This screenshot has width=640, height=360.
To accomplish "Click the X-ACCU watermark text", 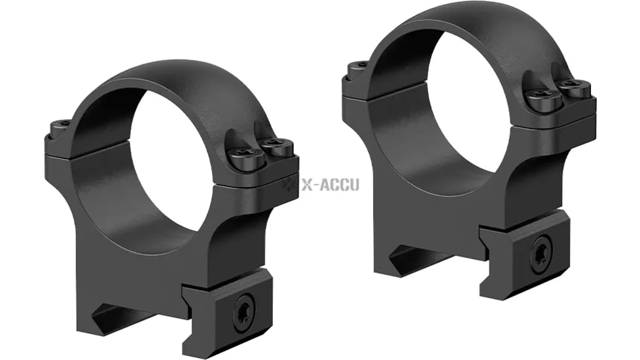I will [330, 185].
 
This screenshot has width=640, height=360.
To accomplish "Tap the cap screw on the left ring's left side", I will [60, 125].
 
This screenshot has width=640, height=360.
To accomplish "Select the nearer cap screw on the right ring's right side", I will [543, 98].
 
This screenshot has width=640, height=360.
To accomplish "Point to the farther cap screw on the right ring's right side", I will [574, 87].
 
